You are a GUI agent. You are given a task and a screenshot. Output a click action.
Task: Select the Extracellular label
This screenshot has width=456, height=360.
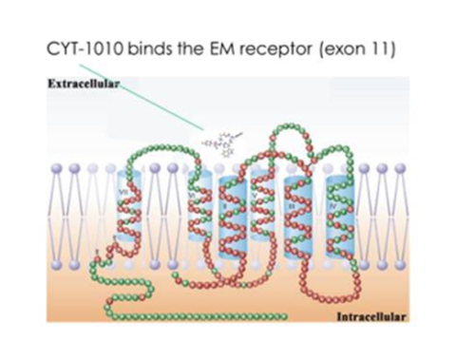81,85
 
